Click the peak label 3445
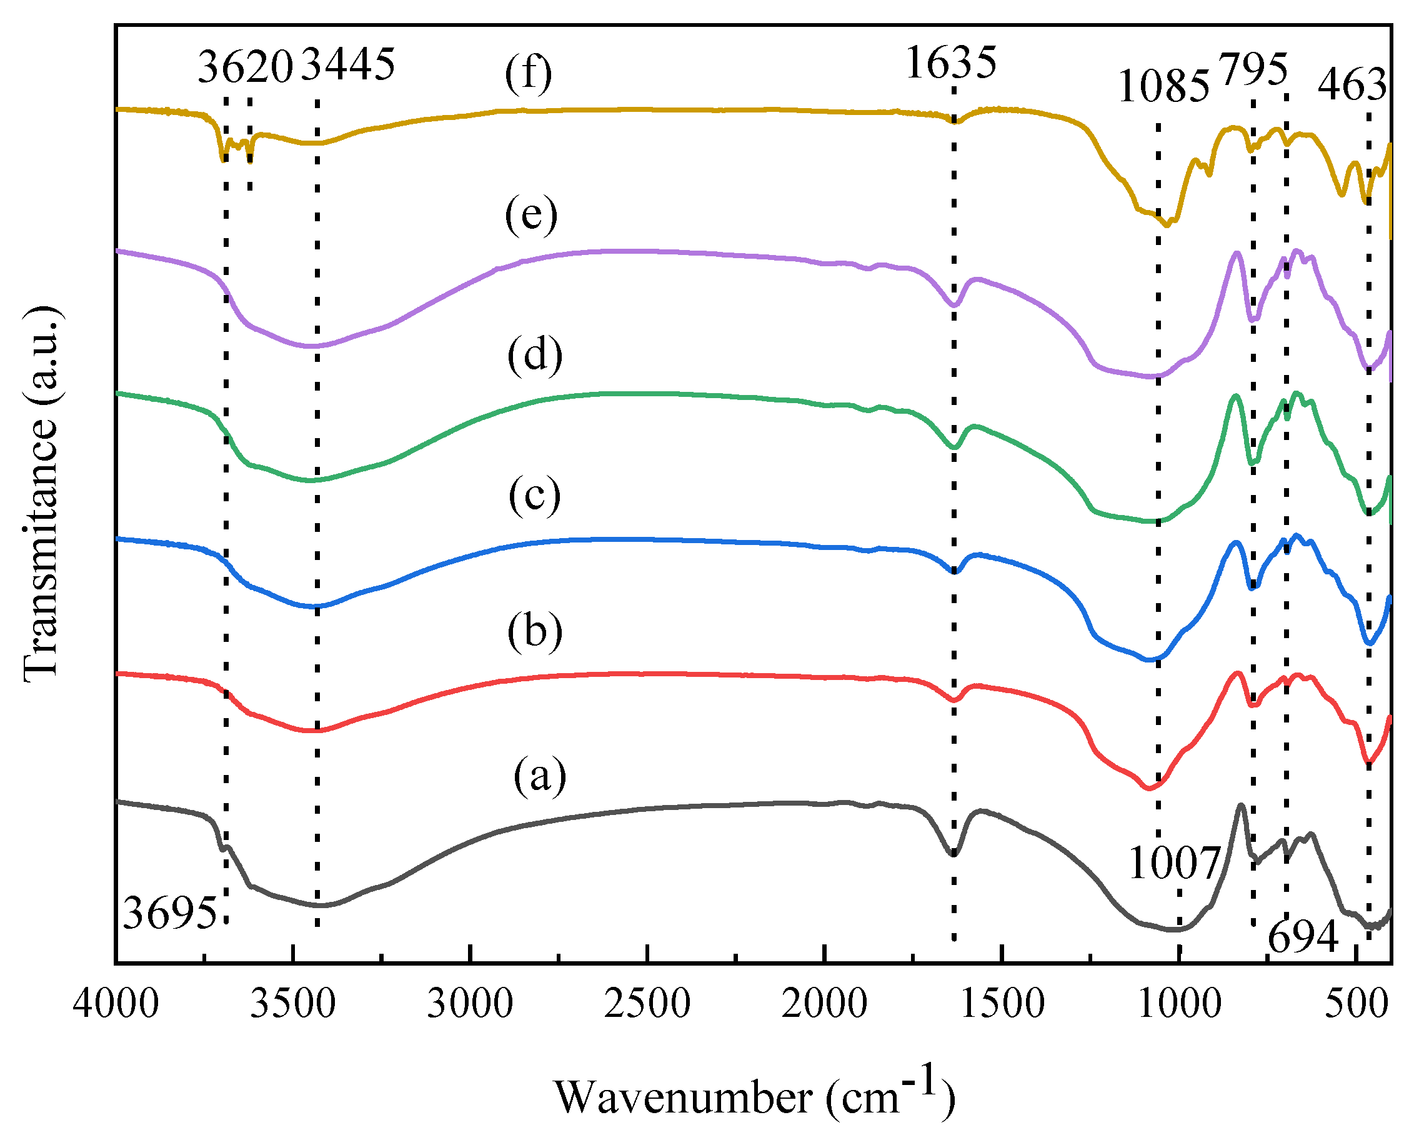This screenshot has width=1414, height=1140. (x=349, y=64)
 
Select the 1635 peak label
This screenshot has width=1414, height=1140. (x=950, y=63)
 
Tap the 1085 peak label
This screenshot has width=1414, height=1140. (x=1163, y=87)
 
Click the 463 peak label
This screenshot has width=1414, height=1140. (x=1352, y=85)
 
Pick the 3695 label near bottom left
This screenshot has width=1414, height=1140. (x=169, y=912)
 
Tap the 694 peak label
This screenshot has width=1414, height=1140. (x=1303, y=936)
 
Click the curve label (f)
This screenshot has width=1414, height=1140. (x=529, y=74)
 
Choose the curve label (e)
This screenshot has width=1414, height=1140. (x=531, y=215)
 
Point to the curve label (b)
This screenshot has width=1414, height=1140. (x=534, y=632)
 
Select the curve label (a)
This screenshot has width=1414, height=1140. (x=540, y=776)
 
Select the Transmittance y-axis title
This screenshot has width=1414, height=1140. (x=41, y=494)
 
